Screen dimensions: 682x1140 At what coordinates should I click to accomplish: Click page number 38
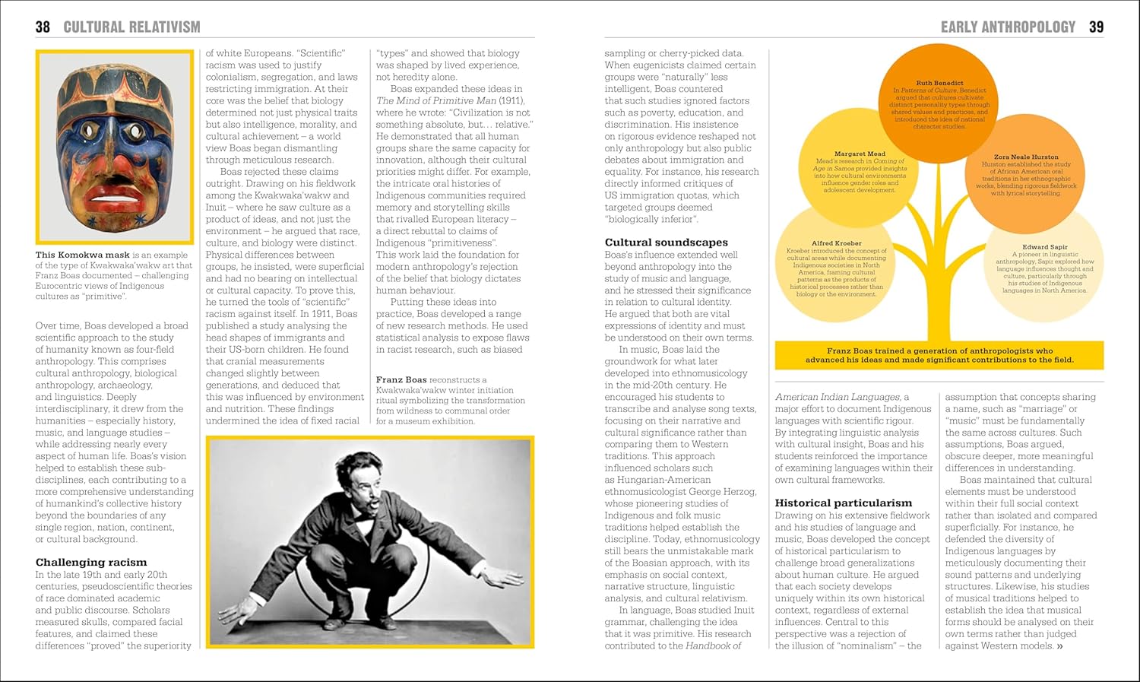[x=43, y=27]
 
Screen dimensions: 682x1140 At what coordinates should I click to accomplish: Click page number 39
[x=1096, y=27]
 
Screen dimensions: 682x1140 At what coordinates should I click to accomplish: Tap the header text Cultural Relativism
[x=131, y=27]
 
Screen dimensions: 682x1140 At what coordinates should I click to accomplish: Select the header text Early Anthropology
[x=1008, y=27]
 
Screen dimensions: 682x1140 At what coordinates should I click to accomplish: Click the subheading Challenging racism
[x=91, y=563]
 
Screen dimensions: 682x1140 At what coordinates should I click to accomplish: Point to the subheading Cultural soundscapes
[x=666, y=243]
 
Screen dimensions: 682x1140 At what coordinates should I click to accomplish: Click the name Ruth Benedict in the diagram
[x=939, y=83]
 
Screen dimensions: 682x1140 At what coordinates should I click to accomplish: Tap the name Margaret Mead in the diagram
[x=860, y=154]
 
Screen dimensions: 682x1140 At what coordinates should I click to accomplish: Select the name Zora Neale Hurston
[x=1025, y=157]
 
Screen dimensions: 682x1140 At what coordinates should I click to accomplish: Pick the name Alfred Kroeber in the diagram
[x=836, y=243]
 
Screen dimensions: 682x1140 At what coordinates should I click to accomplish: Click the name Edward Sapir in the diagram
[x=1044, y=247]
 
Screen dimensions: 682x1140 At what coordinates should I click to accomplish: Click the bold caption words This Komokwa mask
[x=82, y=255]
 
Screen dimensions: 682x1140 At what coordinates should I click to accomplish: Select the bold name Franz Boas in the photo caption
[x=401, y=379]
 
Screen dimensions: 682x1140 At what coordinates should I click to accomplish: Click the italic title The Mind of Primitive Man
[x=436, y=100]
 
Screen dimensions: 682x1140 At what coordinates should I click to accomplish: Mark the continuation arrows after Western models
[x=1059, y=646]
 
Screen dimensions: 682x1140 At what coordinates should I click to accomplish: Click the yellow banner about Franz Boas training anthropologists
[x=939, y=355]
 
